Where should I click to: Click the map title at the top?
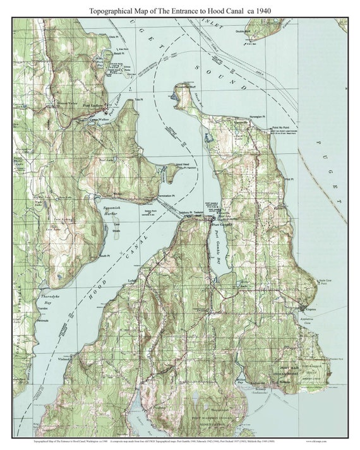point(180,11)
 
